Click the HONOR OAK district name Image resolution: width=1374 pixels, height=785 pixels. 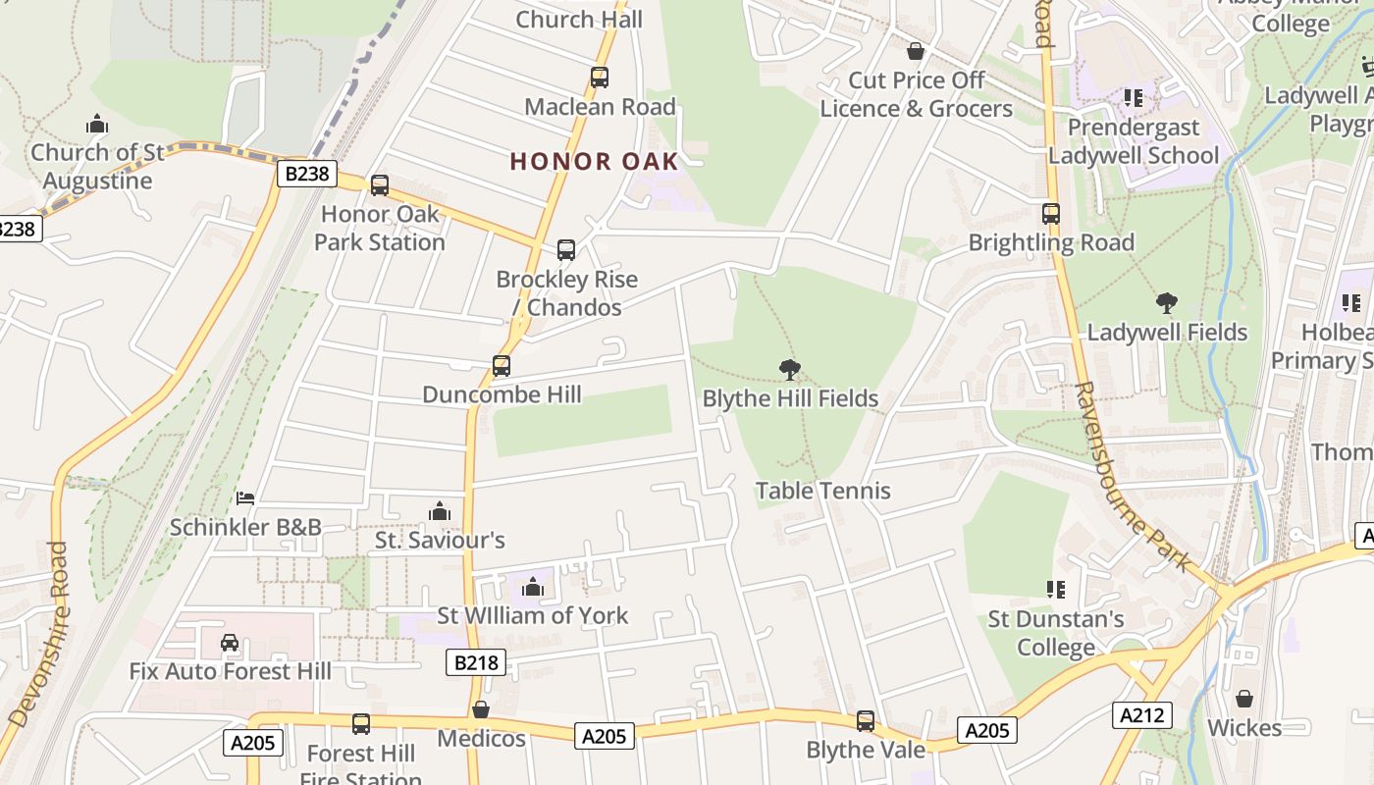(594, 162)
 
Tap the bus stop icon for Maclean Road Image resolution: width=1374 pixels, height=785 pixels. (599, 78)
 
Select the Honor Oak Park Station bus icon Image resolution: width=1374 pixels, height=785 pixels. (380, 184)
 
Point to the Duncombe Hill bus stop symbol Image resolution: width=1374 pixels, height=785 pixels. (502, 366)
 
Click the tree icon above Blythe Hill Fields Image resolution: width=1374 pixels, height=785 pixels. (789, 370)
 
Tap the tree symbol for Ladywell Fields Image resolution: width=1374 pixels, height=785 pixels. (1166, 303)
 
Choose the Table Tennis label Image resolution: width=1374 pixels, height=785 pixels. (823, 491)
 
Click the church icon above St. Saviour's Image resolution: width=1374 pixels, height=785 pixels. (440, 511)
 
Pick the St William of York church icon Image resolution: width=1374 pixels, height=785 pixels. (533, 587)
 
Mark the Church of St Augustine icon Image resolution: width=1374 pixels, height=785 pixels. (96, 124)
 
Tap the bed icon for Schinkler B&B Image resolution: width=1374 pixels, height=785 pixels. (245, 498)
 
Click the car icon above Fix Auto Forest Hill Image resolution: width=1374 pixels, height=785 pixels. (230, 643)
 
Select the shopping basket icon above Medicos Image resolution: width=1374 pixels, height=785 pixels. (481, 709)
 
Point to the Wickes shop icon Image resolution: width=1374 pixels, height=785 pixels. (1244, 699)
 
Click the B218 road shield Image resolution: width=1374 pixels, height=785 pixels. (477, 663)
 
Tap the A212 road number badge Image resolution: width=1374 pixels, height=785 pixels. (1142, 714)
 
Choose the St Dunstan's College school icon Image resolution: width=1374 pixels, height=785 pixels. (1056, 590)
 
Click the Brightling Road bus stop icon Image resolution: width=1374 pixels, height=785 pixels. (1051, 213)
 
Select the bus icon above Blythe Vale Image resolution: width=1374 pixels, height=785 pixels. (865, 721)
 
